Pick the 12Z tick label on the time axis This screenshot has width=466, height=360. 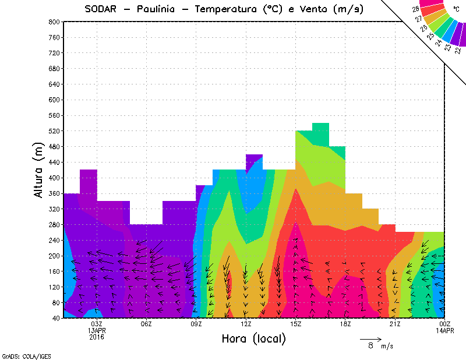tap(246, 324)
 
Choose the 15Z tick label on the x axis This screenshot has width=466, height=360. tap(296, 324)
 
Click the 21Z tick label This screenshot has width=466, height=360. tap(396, 324)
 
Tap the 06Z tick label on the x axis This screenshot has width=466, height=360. tap(146, 324)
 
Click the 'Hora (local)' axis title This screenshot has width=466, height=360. tap(253, 339)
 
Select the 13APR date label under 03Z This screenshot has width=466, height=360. tap(97, 330)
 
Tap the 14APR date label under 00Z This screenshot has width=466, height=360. tap(446, 330)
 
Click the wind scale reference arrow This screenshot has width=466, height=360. tap(370, 338)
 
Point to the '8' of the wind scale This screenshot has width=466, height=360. tap(370, 345)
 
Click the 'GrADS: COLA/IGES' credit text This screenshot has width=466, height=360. tap(21, 355)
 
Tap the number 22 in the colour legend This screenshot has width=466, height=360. tap(456, 50)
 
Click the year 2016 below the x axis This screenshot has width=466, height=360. tap(97, 337)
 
